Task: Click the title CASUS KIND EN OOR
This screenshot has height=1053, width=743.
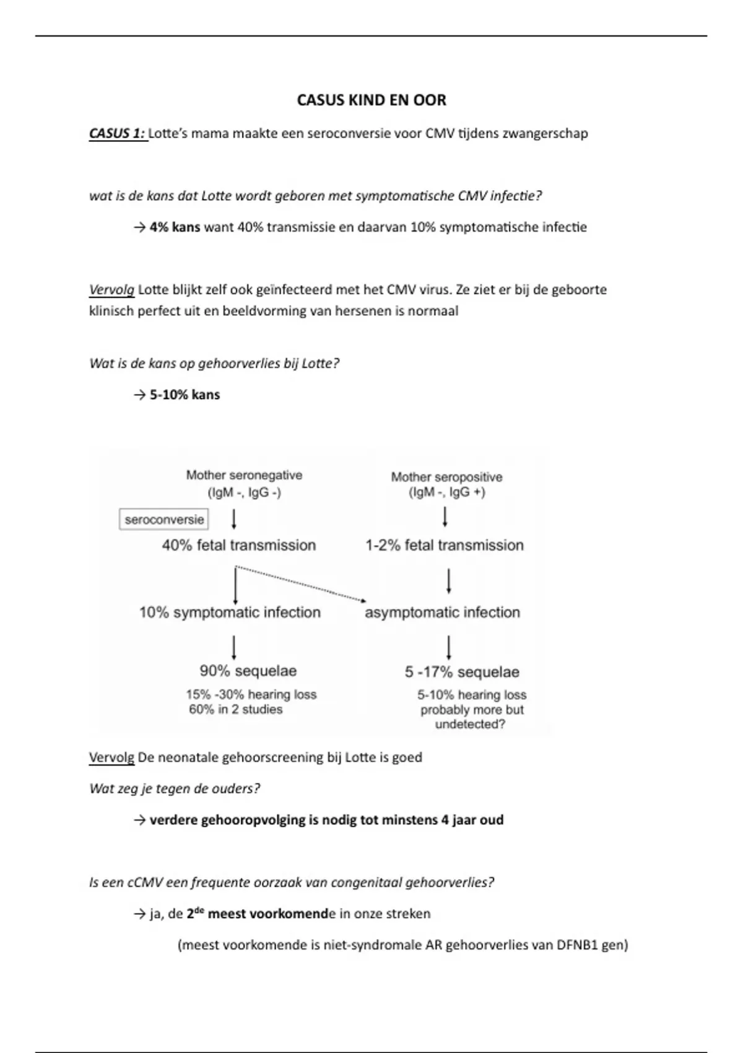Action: (371, 100)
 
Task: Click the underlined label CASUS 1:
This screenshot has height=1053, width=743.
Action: (118, 133)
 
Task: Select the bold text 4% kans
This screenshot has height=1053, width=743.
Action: (175, 227)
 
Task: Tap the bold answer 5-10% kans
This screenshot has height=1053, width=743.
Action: (185, 395)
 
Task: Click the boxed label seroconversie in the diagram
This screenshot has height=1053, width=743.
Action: (164, 520)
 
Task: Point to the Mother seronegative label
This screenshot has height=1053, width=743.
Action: (244, 476)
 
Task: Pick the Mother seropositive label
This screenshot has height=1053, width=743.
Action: (446, 477)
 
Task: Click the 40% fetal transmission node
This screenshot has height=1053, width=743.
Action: (239, 546)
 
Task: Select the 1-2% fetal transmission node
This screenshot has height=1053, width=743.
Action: (445, 546)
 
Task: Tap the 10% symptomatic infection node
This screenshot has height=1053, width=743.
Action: (230, 613)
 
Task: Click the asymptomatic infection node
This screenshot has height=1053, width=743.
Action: (442, 613)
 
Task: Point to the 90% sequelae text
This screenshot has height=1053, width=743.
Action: (248, 671)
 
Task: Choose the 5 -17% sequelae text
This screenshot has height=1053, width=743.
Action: (462, 672)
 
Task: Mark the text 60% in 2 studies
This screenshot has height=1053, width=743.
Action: (235, 710)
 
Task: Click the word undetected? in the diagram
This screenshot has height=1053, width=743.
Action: (470, 725)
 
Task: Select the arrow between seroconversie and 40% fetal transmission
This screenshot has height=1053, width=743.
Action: (234, 519)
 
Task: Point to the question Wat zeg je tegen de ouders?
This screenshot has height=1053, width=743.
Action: (175, 789)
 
